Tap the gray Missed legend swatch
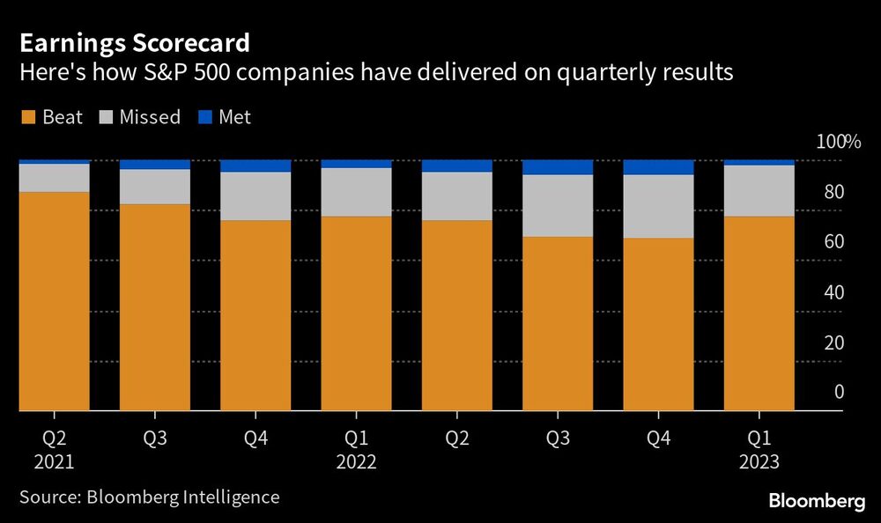coord(108,117)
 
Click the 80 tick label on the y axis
coord(833,192)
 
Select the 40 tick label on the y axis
coord(833,292)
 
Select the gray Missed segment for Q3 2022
coord(558,205)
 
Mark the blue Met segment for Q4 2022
coord(658,167)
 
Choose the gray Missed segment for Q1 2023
coord(759,190)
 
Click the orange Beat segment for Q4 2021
coord(255,315)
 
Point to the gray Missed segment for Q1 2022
coord(356,192)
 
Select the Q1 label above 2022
coord(356,436)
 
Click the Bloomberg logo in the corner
coord(817,500)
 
